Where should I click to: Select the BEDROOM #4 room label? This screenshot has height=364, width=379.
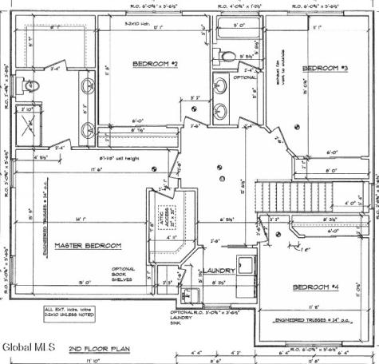(x=315, y=287)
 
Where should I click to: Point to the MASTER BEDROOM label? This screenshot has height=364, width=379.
(x=88, y=246)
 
